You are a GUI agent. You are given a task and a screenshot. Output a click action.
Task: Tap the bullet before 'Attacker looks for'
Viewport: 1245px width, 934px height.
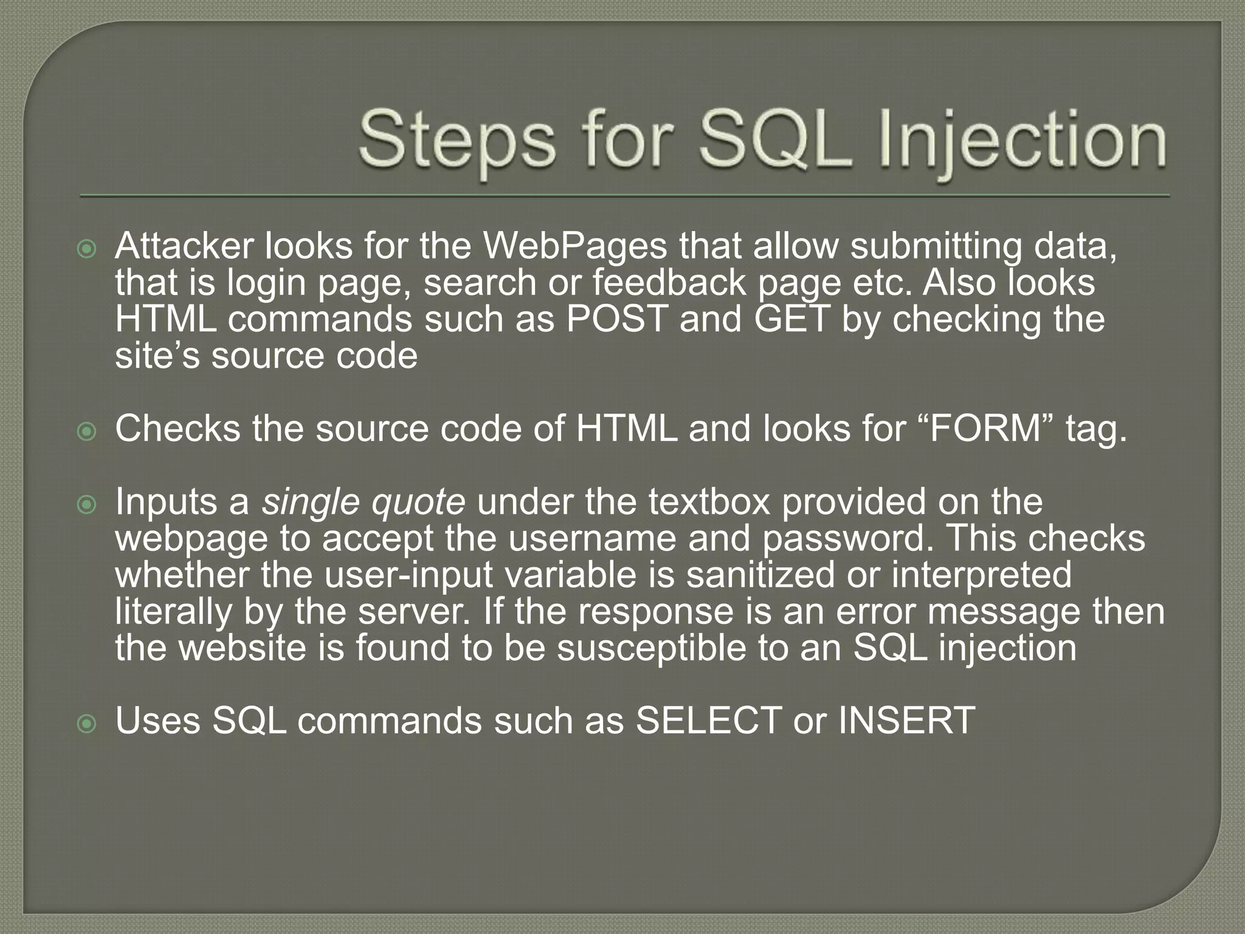click(x=88, y=249)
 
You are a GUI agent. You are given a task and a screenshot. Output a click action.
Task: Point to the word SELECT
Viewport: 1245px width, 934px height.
click(x=708, y=721)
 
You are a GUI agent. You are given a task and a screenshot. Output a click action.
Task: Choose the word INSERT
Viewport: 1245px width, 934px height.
click(x=906, y=721)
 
